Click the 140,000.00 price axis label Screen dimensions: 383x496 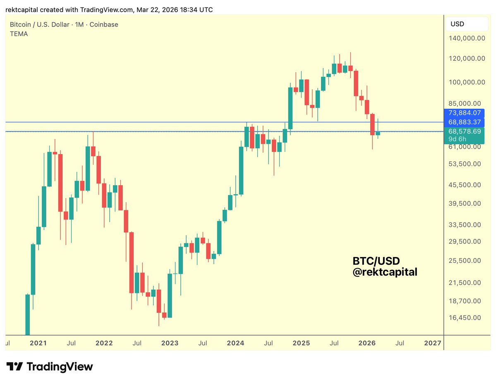click(467, 38)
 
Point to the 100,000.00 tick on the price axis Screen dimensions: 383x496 click(467, 82)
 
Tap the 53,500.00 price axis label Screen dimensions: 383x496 click(465, 164)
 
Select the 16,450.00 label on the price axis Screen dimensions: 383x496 click(465, 318)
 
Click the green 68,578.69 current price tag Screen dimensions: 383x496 click(464, 131)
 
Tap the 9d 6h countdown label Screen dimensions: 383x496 click(457, 139)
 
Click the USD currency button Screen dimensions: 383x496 click(457, 24)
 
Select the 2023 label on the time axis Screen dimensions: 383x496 click(170, 343)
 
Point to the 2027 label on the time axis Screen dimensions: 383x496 click(433, 343)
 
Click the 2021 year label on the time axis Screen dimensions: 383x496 click(38, 343)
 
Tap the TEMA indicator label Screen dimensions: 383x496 click(19, 34)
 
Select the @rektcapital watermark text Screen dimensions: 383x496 click(385, 272)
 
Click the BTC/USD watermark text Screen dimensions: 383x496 click(376, 261)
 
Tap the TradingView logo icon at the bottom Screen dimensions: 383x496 click(15, 366)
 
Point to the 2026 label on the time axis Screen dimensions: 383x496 click(367, 343)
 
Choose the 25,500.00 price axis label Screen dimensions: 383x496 click(465, 261)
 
